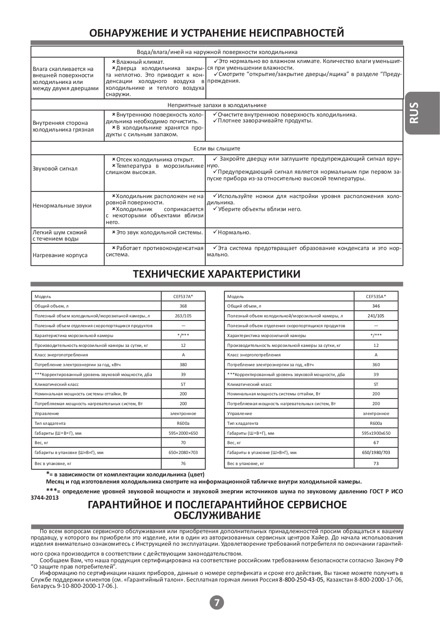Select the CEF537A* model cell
183,296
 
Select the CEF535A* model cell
376,296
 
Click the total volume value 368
183,306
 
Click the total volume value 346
376,306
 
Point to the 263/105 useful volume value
183,316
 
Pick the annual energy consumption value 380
183,365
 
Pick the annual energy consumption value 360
376,365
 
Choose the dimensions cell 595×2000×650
183,433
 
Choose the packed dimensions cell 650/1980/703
376,453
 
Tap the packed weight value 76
183,463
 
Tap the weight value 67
376,443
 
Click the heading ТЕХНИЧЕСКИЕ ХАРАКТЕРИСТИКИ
217,274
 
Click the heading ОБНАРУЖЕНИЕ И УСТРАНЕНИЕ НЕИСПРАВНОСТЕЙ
217,33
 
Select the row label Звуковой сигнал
55,169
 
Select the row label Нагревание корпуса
60,255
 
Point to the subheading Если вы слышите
217,148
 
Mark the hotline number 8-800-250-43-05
301,580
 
